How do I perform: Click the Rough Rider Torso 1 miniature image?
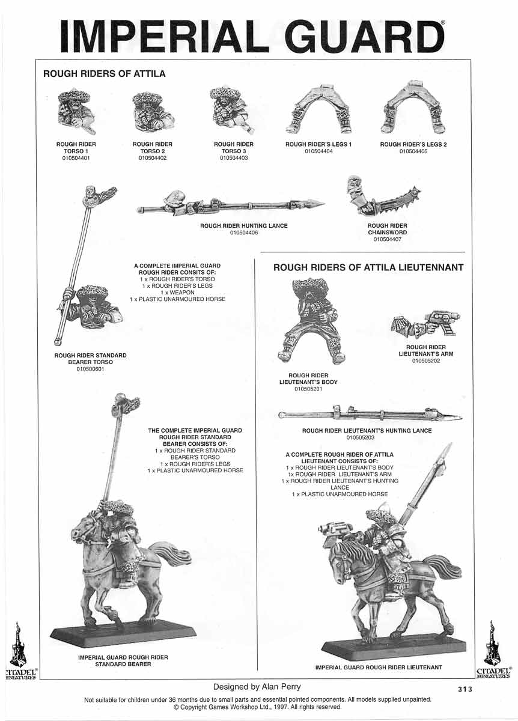(x=75, y=112)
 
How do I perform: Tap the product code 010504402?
(x=152, y=158)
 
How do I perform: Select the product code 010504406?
(x=243, y=233)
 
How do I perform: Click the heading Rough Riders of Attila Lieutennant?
(x=368, y=267)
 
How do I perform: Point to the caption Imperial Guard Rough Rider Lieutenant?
(x=379, y=667)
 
